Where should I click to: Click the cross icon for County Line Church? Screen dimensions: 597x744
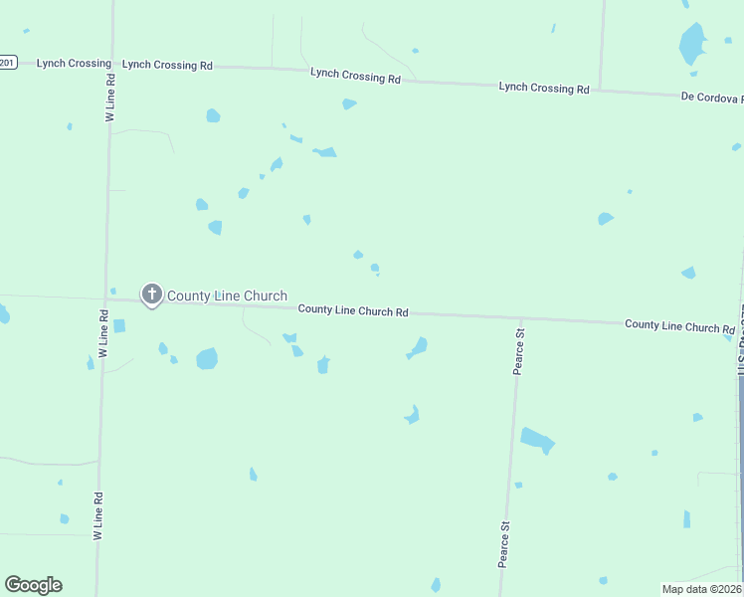tap(151, 294)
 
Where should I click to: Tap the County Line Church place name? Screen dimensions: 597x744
tap(227, 296)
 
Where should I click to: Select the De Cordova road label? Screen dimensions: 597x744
tap(711, 98)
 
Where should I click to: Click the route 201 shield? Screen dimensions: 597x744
tap(8, 62)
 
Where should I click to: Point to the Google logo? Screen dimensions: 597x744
tap(33, 585)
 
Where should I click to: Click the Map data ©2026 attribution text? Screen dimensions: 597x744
tap(702, 588)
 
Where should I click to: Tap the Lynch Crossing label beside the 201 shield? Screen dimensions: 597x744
tap(74, 63)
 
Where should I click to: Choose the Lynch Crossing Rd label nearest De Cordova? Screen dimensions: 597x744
tap(543, 88)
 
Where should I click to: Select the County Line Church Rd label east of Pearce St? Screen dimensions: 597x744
tap(678, 326)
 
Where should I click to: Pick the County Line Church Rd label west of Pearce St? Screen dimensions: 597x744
tap(353, 311)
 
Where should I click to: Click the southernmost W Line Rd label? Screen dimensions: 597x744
tap(98, 515)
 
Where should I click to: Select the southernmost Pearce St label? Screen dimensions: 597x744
tap(504, 543)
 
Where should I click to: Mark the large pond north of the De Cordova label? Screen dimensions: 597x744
tap(691, 44)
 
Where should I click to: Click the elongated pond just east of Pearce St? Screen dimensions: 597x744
tap(537, 439)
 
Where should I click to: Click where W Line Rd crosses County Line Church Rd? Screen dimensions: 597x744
tap(105, 298)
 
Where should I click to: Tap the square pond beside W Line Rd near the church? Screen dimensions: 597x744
tap(119, 325)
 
